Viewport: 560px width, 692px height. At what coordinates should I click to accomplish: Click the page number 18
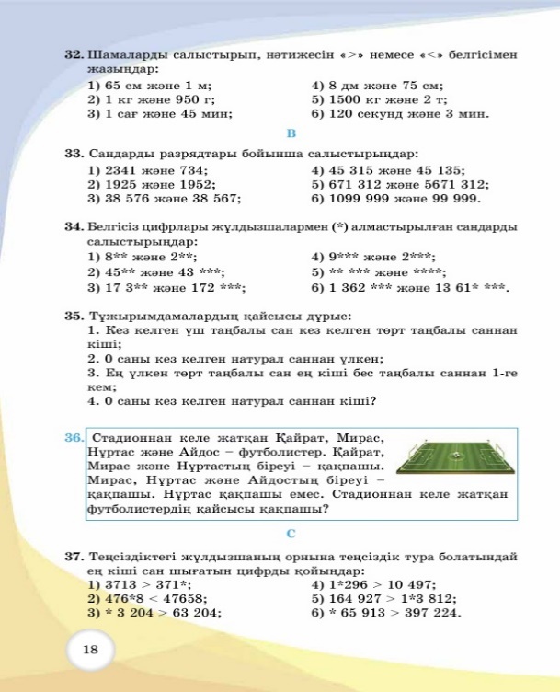tap(90, 651)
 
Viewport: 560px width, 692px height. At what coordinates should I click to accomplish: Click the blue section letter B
tap(291, 134)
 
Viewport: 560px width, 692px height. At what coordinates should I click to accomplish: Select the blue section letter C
tap(291, 534)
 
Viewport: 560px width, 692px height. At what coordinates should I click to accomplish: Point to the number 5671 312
tap(456, 184)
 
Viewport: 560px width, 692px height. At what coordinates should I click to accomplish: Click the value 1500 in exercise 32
tap(342, 100)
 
